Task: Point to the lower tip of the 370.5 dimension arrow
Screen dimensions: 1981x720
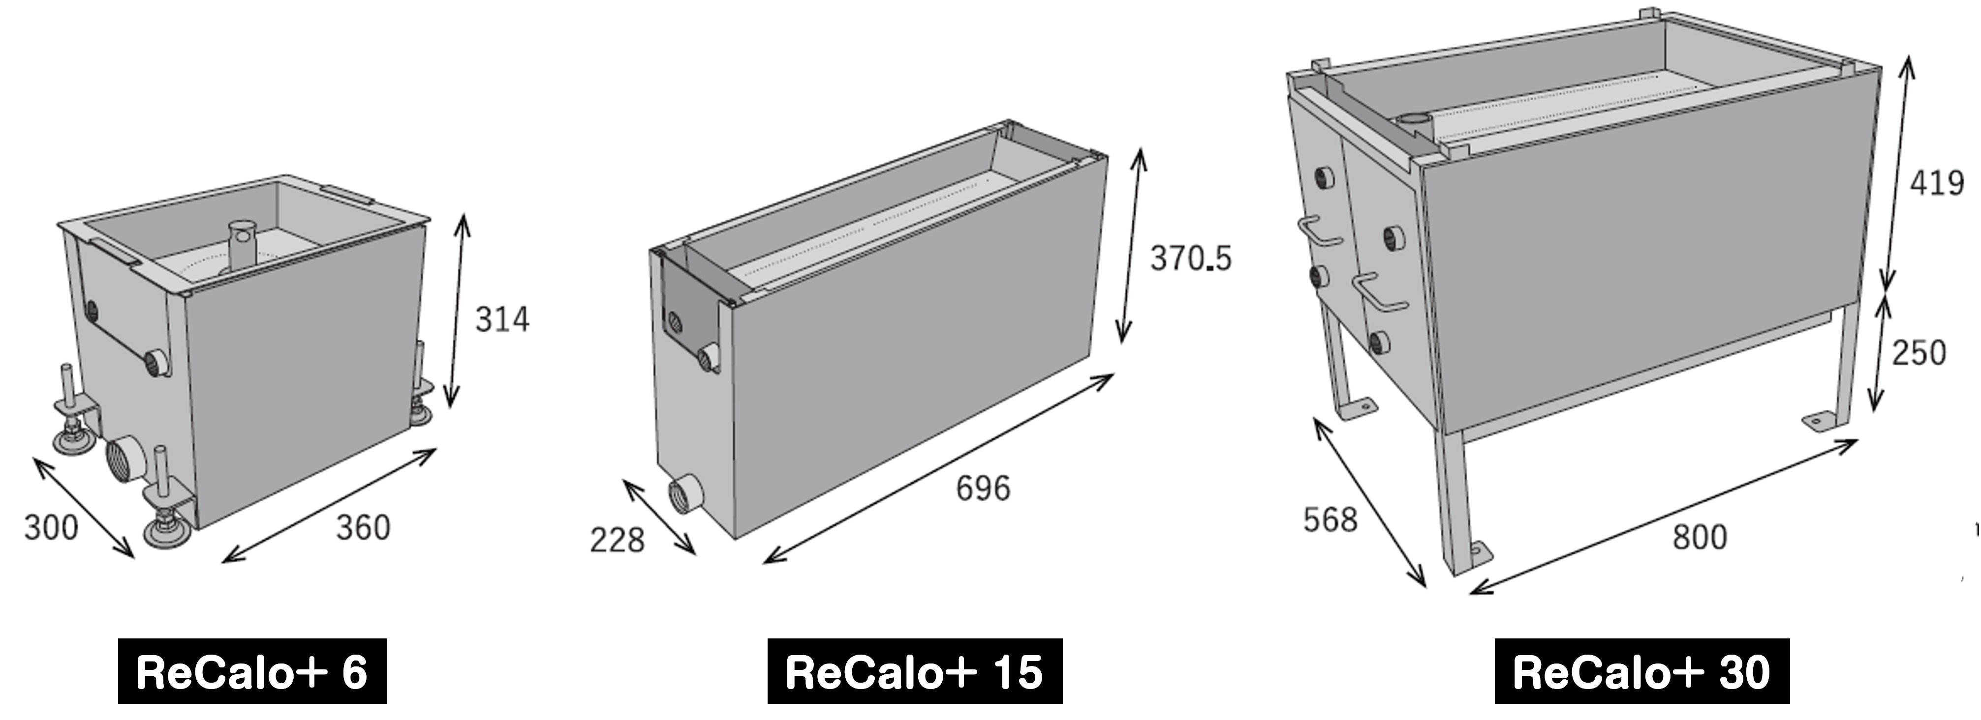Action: [x=1122, y=343]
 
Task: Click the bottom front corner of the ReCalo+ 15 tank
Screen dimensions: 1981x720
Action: [x=735, y=540]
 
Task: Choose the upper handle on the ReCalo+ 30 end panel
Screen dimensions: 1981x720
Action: [x=1318, y=230]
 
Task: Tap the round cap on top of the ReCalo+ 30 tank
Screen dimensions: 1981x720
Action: [x=1412, y=119]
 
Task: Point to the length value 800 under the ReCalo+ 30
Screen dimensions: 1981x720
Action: [x=1700, y=536]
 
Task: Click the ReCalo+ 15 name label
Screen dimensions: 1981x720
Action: [x=914, y=671]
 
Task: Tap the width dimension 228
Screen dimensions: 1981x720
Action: [x=617, y=540]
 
